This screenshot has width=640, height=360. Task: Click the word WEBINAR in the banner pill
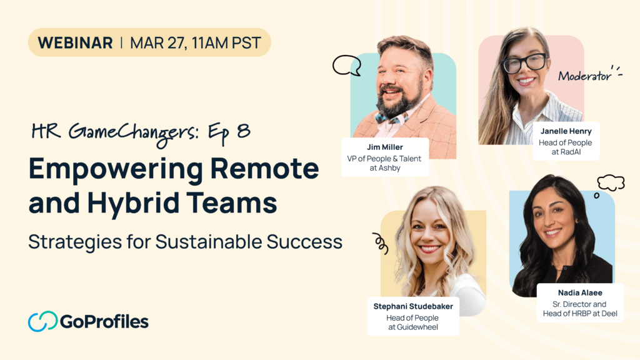coord(75,43)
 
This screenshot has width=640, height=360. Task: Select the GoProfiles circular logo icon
coord(42,321)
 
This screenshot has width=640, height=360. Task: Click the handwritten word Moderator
coord(584,76)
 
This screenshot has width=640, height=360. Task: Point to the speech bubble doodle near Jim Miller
coord(346,65)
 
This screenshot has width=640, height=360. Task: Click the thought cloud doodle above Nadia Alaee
coord(611,182)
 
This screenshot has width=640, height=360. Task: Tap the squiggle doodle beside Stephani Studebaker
coord(381,243)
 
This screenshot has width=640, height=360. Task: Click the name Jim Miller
coord(385,147)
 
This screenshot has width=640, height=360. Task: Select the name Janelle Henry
coord(566,131)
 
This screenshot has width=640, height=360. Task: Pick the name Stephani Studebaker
coord(413,306)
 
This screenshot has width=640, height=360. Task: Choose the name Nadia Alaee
coord(580,292)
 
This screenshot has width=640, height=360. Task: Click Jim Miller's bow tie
coord(391,119)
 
